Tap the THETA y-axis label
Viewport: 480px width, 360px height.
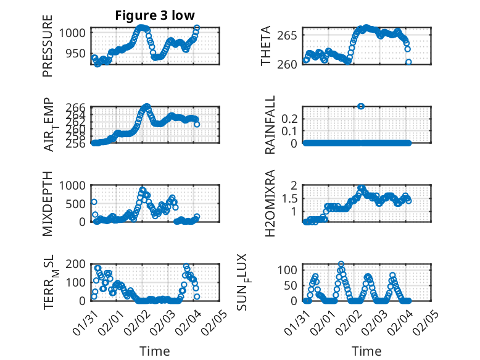[266, 46]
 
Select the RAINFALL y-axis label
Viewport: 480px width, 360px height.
[270, 125]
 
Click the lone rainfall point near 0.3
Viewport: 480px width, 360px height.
[361, 106]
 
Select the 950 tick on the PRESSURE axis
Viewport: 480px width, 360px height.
[80, 53]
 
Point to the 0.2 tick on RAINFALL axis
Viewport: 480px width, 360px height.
[292, 118]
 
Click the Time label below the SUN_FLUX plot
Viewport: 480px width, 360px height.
[366, 351]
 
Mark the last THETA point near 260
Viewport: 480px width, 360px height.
[408, 62]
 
